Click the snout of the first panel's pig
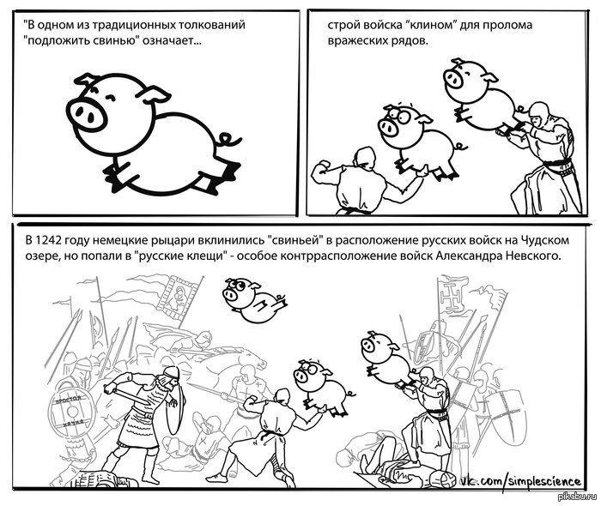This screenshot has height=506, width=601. point(87,113)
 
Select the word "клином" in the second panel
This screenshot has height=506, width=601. point(433,25)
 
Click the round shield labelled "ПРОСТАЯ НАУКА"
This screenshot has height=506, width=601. point(71,412)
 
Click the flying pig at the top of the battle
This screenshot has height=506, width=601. point(253,300)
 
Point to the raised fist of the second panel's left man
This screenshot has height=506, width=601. point(320,167)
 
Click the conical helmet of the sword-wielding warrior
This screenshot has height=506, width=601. point(171,372)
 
